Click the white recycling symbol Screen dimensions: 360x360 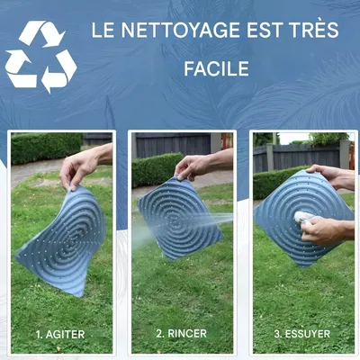[40, 57]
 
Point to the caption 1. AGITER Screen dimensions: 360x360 [60, 334]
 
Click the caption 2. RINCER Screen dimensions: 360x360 [181, 334]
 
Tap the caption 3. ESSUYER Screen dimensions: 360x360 [302, 334]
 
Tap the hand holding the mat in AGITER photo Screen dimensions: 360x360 [81, 166]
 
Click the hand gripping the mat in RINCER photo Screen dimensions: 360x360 [193, 166]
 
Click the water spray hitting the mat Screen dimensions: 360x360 [220, 218]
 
